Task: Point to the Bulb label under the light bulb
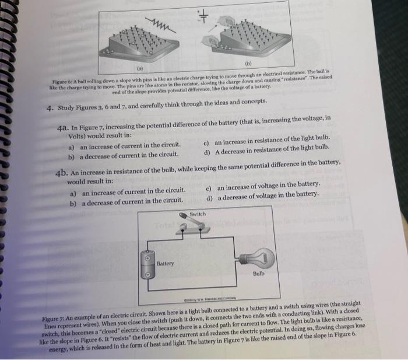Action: pos(259,272)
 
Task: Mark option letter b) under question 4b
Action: pos(73,202)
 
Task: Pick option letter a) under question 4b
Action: pos(73,193)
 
